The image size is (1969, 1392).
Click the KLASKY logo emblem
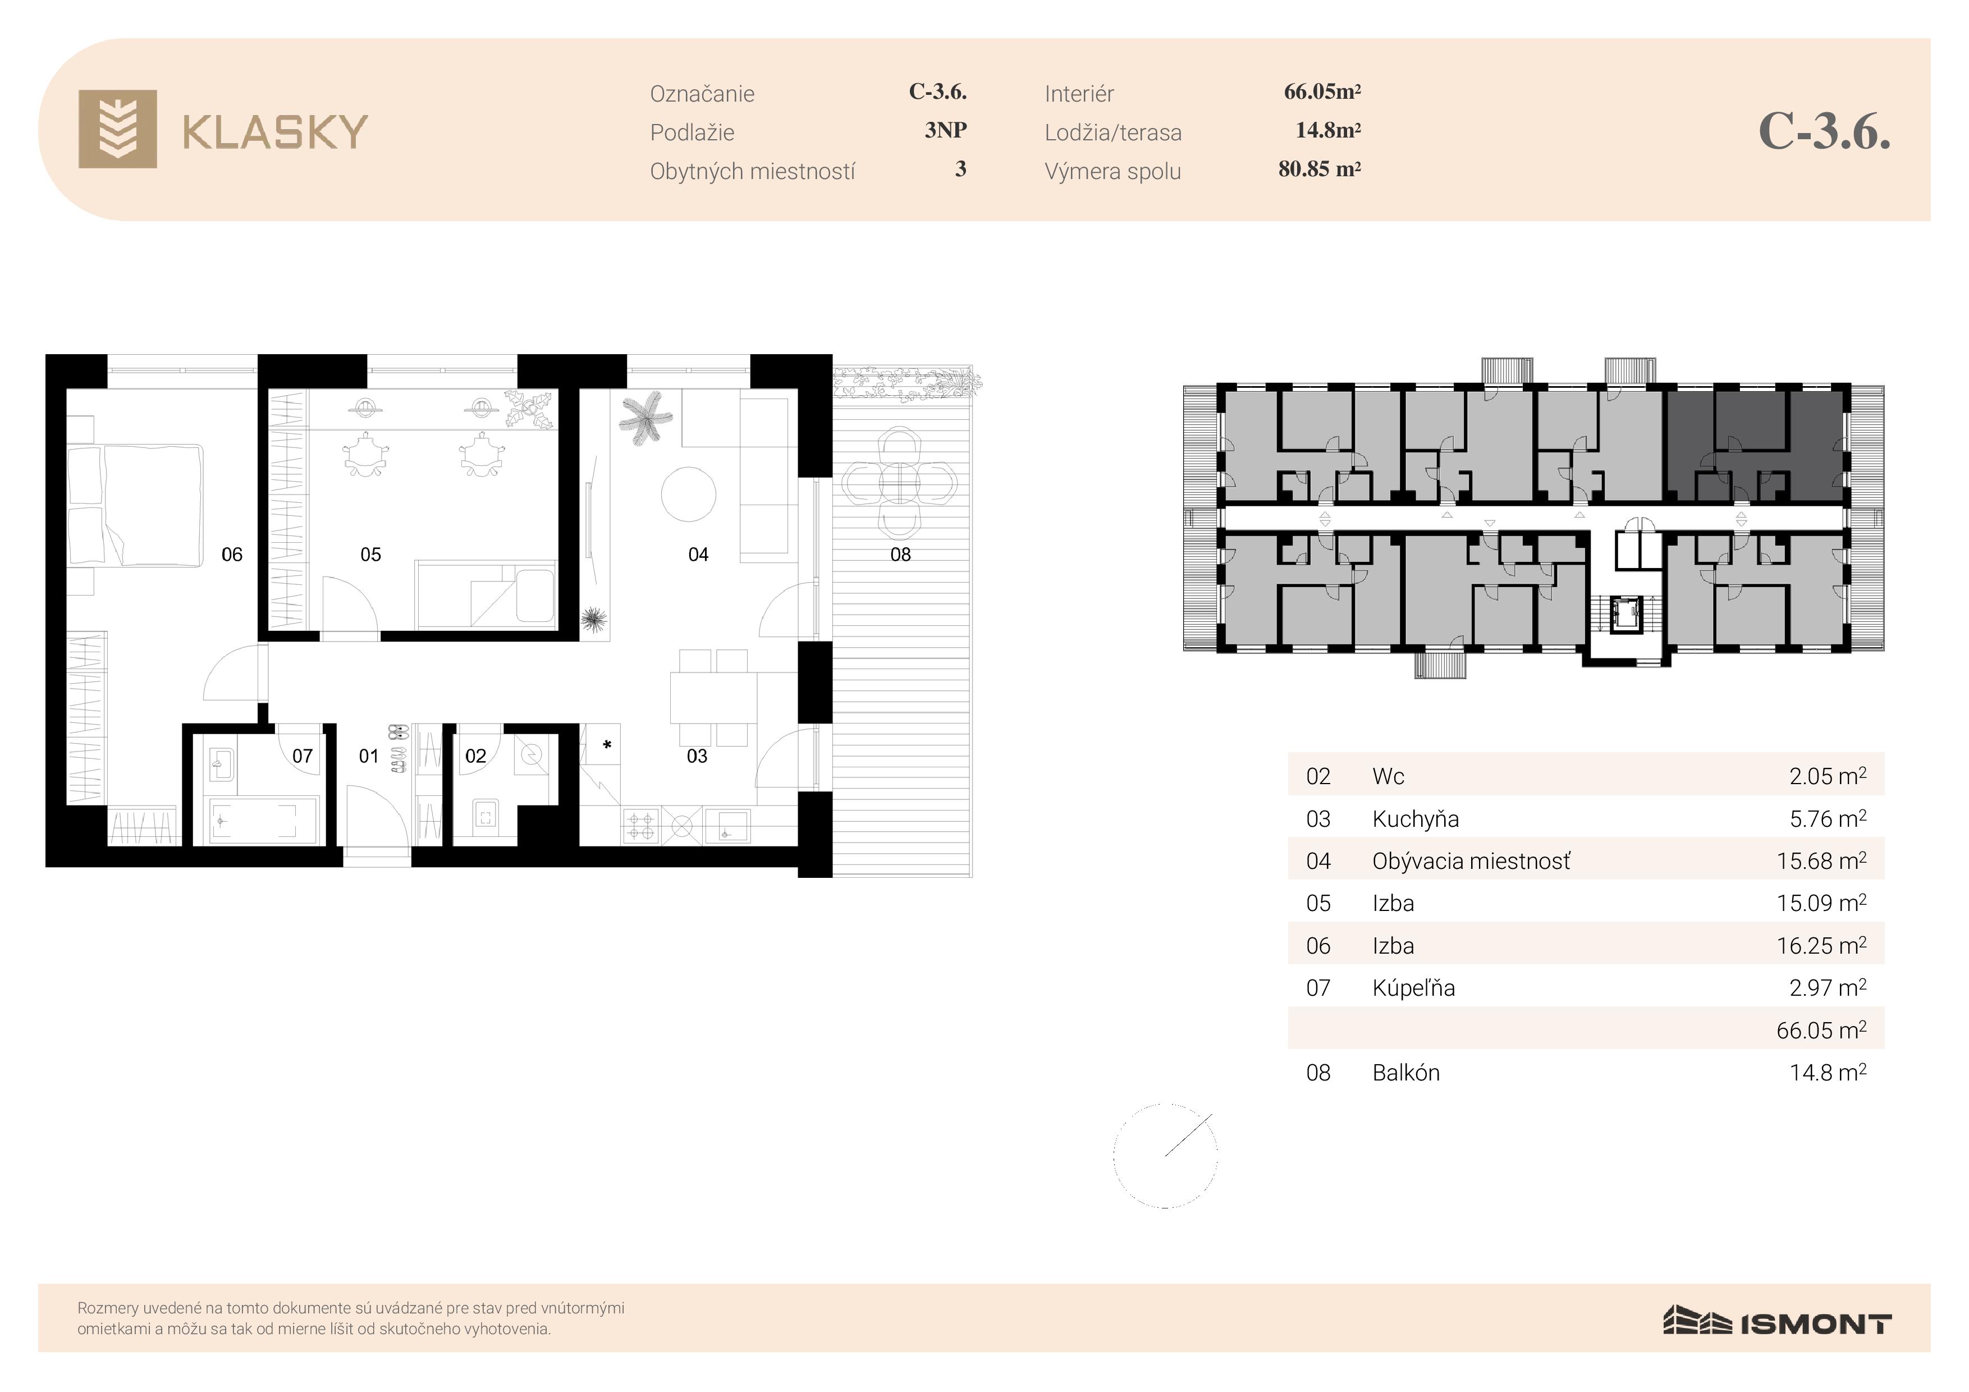click(117, 129)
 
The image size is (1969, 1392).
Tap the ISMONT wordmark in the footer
click(1816, 1324)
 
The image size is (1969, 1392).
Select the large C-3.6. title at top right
click(1824, 131)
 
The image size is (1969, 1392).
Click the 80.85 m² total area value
click(1319, 169)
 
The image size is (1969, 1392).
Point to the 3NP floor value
click(945, 130)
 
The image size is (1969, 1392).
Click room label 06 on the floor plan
click(232, 555)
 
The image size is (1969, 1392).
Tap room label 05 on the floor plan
click(370, 555)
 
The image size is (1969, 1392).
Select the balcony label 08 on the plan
click(900, 555)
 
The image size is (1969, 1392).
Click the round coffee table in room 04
click(689, 494)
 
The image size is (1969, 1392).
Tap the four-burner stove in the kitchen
click(640, 826)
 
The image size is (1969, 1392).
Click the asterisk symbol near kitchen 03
click(607, 745)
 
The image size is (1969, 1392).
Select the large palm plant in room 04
click(645, 418)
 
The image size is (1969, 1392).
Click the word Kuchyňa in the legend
click(1415, 819)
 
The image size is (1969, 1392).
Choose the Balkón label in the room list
click(1405, 1073)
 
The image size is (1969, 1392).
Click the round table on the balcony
click(898, 484)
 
